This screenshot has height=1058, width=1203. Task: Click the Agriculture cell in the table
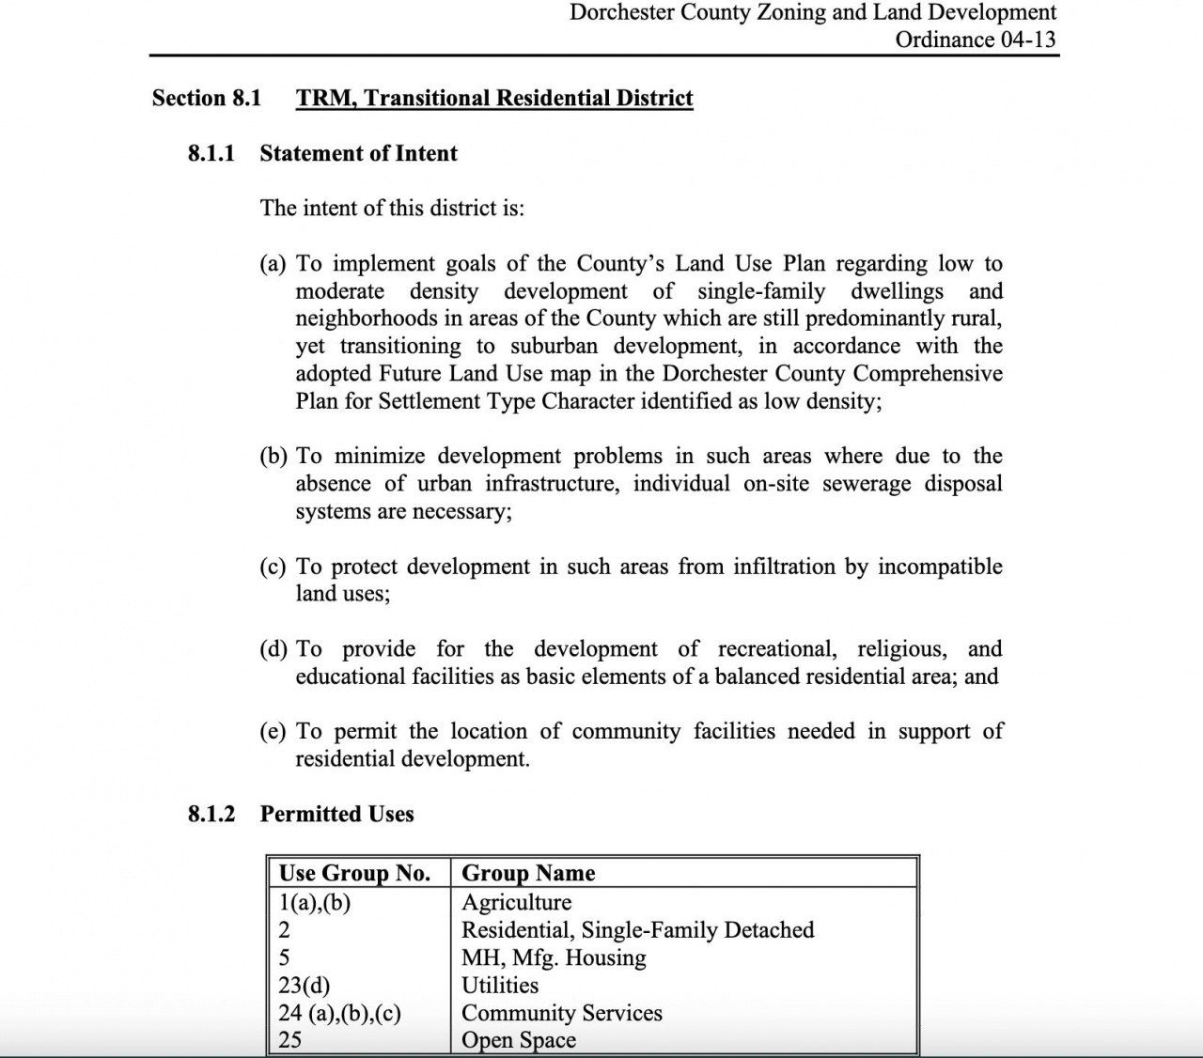click(516, 902)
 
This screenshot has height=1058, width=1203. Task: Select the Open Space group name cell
click(518, 1040)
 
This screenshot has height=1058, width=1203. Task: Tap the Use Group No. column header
click(354, 873)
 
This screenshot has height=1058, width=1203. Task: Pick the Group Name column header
click(528, 873)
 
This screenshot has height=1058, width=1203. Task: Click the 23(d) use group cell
click(304, 985)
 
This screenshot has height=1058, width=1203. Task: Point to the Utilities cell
click(500, 985)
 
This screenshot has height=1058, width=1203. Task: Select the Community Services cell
click(561, 1013)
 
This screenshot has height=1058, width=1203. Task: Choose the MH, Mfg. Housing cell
click(554, 957)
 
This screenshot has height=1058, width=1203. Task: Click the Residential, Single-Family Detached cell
click(637, 930)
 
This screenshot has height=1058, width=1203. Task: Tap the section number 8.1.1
click(211, 153)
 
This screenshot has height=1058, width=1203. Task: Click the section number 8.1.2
click(211, 814)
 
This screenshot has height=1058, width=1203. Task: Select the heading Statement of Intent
click(358, 153)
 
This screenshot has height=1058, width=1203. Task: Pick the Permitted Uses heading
click(336, 814)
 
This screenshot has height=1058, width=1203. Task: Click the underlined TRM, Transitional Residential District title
click(494, 99)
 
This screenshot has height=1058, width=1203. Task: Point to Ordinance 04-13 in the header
click(975, 39)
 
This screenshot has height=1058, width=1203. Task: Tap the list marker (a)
click(273, 264)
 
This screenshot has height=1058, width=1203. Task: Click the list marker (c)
click(273, 567)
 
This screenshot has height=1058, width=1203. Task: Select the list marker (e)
click(273, 732)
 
